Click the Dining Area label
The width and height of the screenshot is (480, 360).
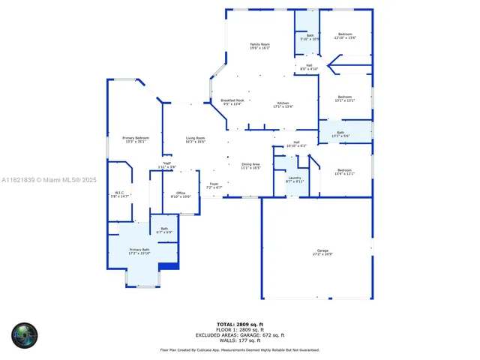click(x=250, y=166)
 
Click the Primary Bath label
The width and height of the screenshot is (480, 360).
click(x=139, y=251)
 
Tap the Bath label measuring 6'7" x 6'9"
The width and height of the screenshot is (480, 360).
click(x=163, y=230)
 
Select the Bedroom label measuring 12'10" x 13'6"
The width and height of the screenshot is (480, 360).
click(x=344, y=35)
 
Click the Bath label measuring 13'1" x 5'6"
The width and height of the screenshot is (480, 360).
click(x=340, y=134)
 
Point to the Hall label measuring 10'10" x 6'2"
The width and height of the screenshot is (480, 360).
click(x=296, y=144)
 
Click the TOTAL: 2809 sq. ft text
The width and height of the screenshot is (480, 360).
click(x=239, y=324)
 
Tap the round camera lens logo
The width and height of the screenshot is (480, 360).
click(x=24, y=334)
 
